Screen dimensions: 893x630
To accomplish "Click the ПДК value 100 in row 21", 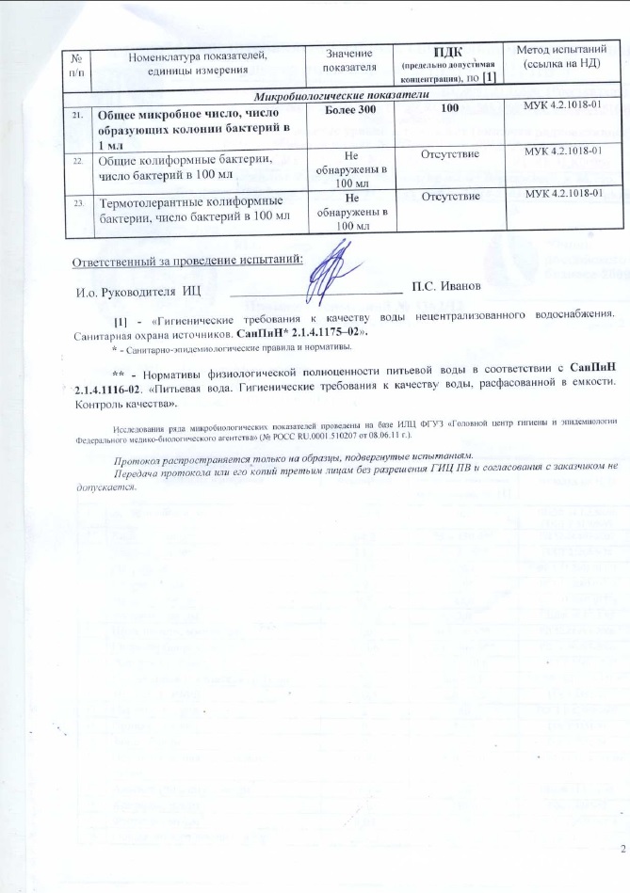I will click(449, 112).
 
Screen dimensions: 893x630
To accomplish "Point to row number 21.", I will click(75, 114).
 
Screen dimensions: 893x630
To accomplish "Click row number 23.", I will click(75, 202).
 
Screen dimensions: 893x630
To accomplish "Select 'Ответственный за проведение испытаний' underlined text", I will click(188, 259).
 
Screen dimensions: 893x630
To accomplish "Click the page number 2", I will click(622, 850).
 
